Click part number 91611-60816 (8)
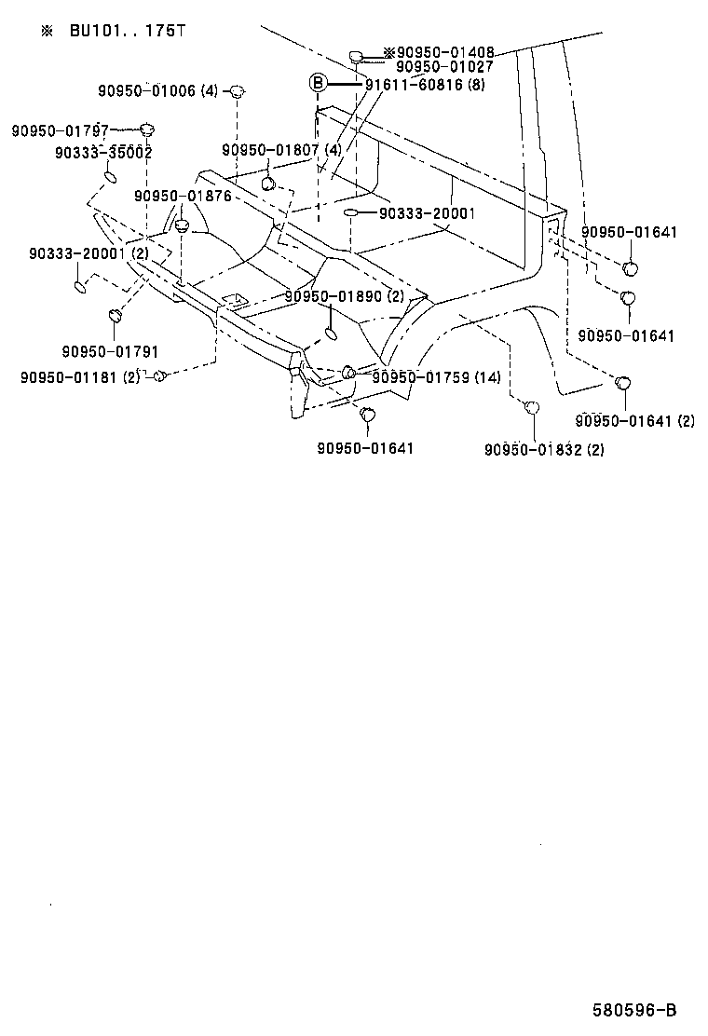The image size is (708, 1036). pyautogui.click(x=425, y=85)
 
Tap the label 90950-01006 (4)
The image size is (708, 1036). pyautogui.click(x=157, y=91)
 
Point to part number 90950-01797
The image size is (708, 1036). pyautogui.click(x=60, y=131)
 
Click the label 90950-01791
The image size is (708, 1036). pyautogui.click(x=110, y=351)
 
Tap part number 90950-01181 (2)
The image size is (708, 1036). pyautogui.click(x=79, y=377)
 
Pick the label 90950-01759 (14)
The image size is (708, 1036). pyautogui.click(x=436, y=377)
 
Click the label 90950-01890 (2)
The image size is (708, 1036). pyautogui.click(x=345, y=296)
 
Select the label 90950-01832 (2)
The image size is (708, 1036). pyautogui.click(x=544, y=450)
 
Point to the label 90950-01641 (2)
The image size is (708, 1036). pyautogui.click(x=635, y=421)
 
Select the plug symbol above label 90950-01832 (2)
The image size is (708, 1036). pyautogui.click(x=532, y=407)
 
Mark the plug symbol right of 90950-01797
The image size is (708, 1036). pyautogui.click(x=147, y=129)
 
